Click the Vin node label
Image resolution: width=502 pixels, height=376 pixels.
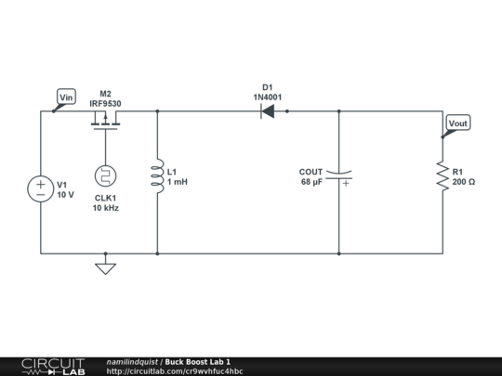(x=66, y=97)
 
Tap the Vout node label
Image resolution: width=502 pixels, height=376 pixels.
(x=458, y=123)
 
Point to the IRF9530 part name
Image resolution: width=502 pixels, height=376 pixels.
(x=105, y=104)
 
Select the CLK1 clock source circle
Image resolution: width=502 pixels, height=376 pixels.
(x=105, y=175)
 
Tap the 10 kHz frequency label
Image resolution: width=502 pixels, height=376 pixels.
(x=105, y=209)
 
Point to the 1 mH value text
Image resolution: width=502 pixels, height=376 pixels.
(x=178, y=182)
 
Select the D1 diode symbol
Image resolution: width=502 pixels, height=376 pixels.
(x=268, y=111)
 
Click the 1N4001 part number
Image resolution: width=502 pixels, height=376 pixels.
(x=268, y=97)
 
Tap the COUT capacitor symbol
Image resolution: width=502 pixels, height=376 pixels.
(x=339, y=175)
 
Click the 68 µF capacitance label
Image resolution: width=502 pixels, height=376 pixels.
(x=311, y=182)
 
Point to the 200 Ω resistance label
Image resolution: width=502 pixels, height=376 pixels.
(x=464, y=182)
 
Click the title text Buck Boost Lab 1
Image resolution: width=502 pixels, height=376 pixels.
(x=198, y=361)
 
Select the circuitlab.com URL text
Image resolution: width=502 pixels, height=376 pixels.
(x=175, y=371)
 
